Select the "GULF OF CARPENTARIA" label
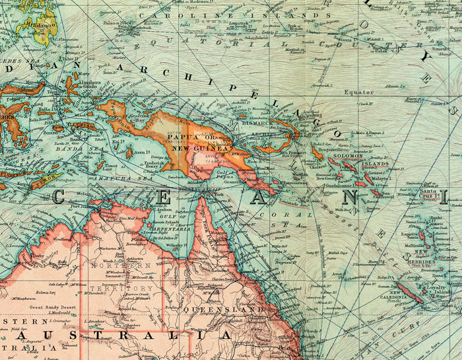[x=163, y=214]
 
